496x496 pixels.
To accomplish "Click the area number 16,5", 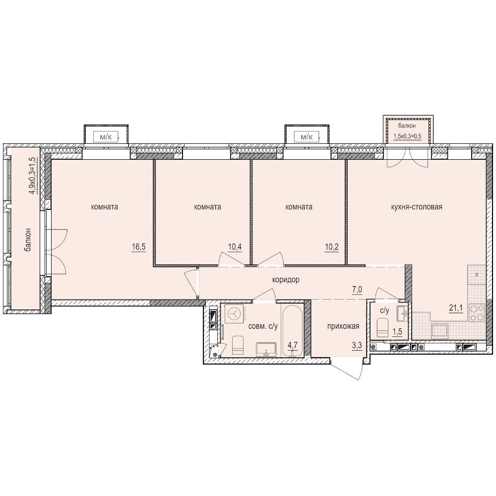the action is coord(138,247).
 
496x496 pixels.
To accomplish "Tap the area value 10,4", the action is coord(235,247).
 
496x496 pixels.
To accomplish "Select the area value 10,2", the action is coord(332,247).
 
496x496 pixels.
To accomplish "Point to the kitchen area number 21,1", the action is coord(456,308).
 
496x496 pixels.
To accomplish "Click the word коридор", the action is coord(286,280).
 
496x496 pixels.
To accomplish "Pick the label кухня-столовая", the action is coord(417,207).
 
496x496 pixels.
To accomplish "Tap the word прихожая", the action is coord(343,326).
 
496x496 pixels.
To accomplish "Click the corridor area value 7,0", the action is coord(357,290).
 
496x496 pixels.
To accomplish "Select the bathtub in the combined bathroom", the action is coord(292,330).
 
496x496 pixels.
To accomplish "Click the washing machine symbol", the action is coord(235,313).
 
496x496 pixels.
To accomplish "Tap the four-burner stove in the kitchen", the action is coord(477,312).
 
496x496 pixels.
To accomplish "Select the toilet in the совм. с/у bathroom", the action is coord(238,345).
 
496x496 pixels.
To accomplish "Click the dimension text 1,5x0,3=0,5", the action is coord(407,137).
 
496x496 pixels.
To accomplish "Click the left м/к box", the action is coord(106,137).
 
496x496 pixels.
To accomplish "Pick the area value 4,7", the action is coord(293,345).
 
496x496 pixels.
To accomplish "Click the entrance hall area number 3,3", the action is coord(357,345).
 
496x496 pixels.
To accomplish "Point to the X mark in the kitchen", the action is coord(477,275).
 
